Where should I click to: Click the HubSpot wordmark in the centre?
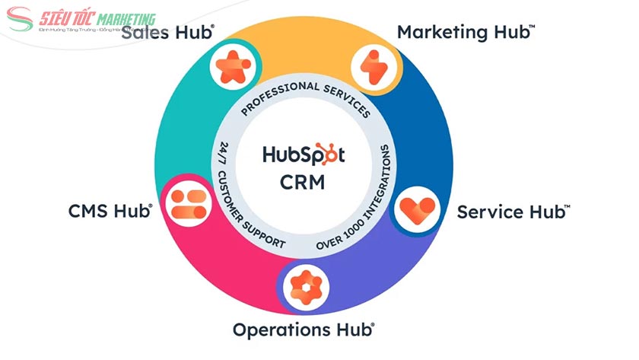[x=304, y=155]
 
